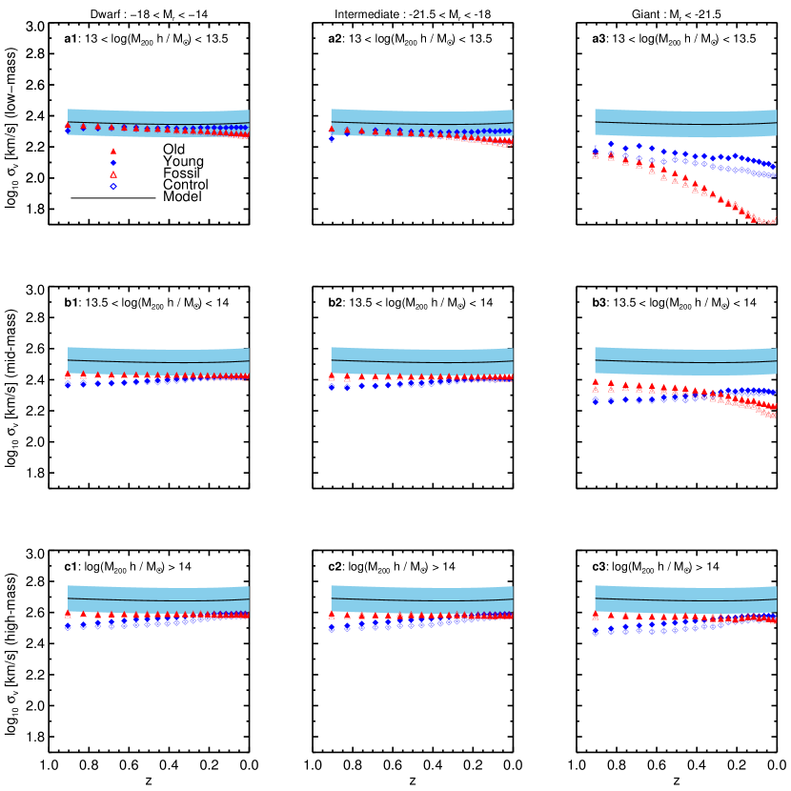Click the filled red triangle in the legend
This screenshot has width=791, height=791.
113,151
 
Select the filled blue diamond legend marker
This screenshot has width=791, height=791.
113,162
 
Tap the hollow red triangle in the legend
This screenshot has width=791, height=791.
113,174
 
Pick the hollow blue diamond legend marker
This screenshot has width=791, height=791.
113,186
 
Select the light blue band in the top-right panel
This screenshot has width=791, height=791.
685,116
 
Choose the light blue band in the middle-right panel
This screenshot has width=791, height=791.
685,354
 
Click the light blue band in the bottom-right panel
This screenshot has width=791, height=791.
685,592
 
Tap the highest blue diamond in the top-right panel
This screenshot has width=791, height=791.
611,144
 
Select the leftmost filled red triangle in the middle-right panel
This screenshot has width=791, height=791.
596,381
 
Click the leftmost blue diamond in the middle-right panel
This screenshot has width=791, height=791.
596,400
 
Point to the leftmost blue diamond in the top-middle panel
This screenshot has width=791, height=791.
332,138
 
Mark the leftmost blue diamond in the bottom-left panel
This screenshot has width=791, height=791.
68,626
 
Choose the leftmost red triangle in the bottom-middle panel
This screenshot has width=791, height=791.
332,615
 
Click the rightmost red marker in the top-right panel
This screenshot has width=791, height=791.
774,220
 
